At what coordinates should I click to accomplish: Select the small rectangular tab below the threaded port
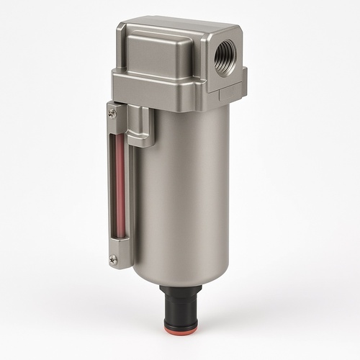[229, 91]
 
